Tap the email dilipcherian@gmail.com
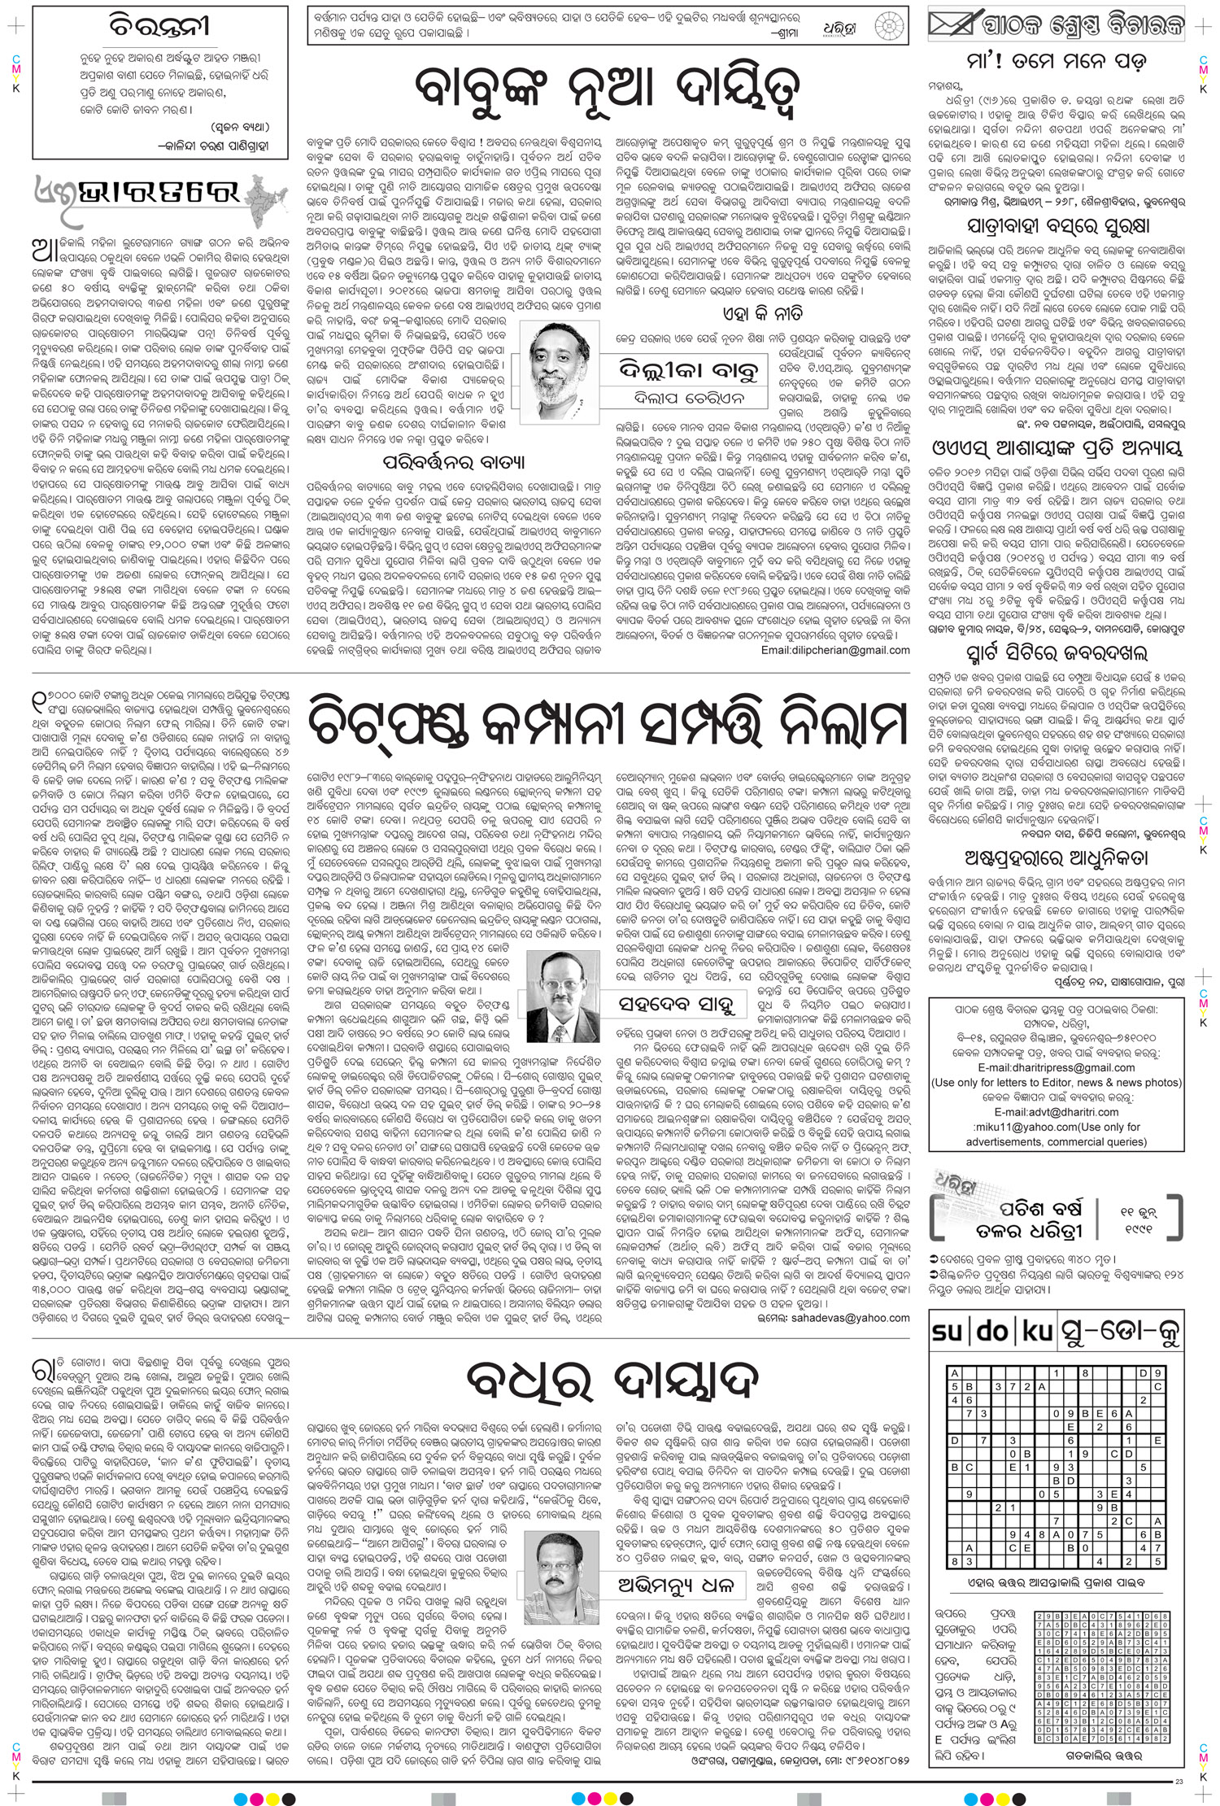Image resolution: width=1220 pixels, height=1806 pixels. pos(835,651)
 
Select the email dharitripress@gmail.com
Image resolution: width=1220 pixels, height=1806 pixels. pos(1057,1067)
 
